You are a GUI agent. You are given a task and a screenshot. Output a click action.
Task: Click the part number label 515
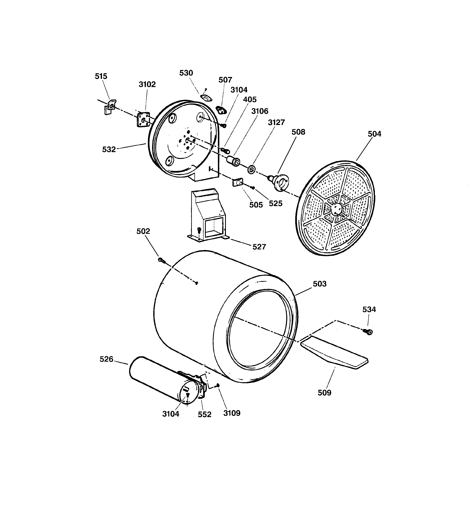pyautogui.click(x=101, y=76)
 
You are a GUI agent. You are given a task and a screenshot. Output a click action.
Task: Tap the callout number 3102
pyautogui.click(x=147, y=84)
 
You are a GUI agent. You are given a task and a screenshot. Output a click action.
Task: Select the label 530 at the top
pyautogui.click(x=186, y=73)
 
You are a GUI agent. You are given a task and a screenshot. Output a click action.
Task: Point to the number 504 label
pyautogui.click(x=374, y=134)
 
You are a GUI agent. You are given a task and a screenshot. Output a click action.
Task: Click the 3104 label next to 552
pyautogui.click(x=171, y=414)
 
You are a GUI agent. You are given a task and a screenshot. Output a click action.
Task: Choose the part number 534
pyautogui.click(x=369, y=310)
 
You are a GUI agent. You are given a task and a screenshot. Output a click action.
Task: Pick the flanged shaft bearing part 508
pyautogui.click(x=280, y=181)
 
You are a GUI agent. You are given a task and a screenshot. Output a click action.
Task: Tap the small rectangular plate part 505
pyautogui.click(x=237, y=182)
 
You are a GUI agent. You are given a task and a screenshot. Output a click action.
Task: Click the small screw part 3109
pyautogui.click(x=217, y=385)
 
